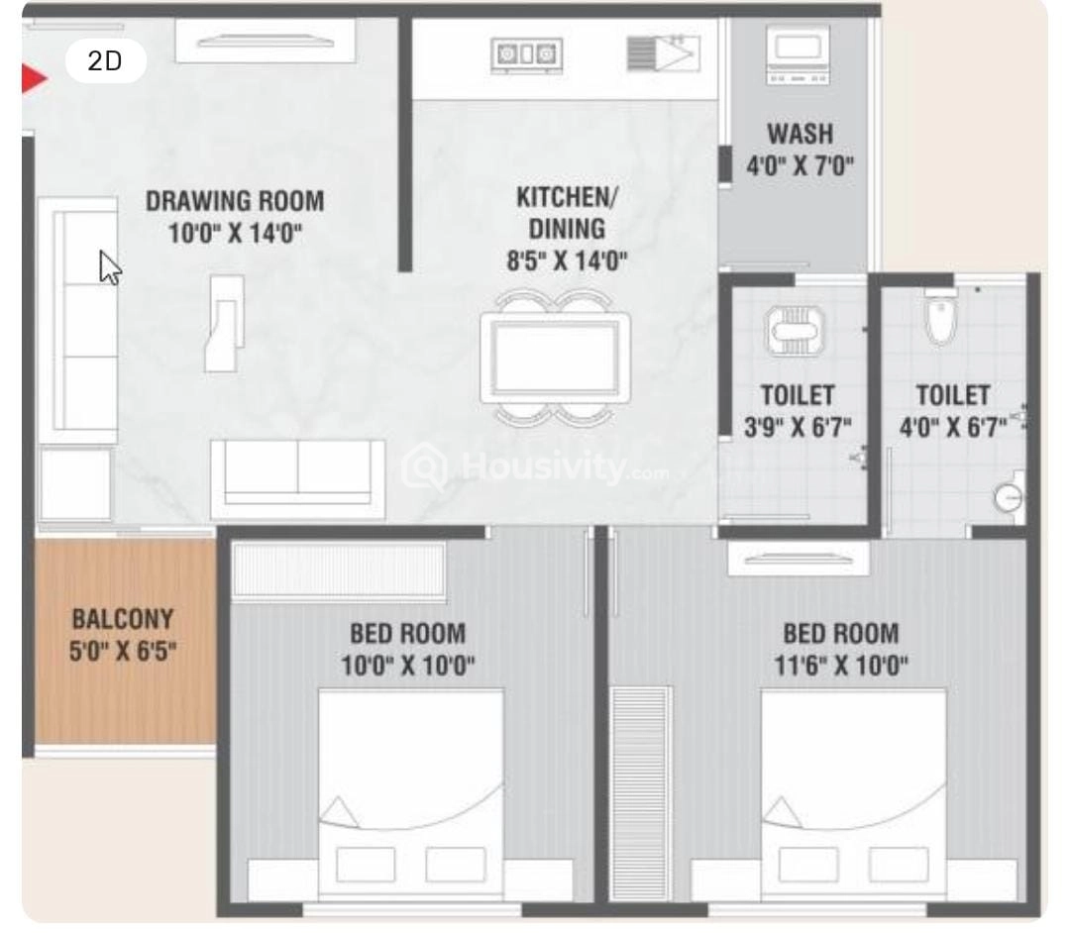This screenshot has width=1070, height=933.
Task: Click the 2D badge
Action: click(105, 61)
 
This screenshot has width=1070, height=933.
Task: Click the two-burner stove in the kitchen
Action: click(522, 52)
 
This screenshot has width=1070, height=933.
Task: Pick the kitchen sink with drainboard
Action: click(663, 52)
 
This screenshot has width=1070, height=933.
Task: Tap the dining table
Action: click(554, 358)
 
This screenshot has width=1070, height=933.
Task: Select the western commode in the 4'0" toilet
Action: click(936, 315)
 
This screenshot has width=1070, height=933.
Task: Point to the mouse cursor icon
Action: click(110, 266)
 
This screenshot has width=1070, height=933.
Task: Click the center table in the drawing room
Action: click(224, 322)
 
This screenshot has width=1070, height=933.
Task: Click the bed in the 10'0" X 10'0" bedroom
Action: click(409, 782)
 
